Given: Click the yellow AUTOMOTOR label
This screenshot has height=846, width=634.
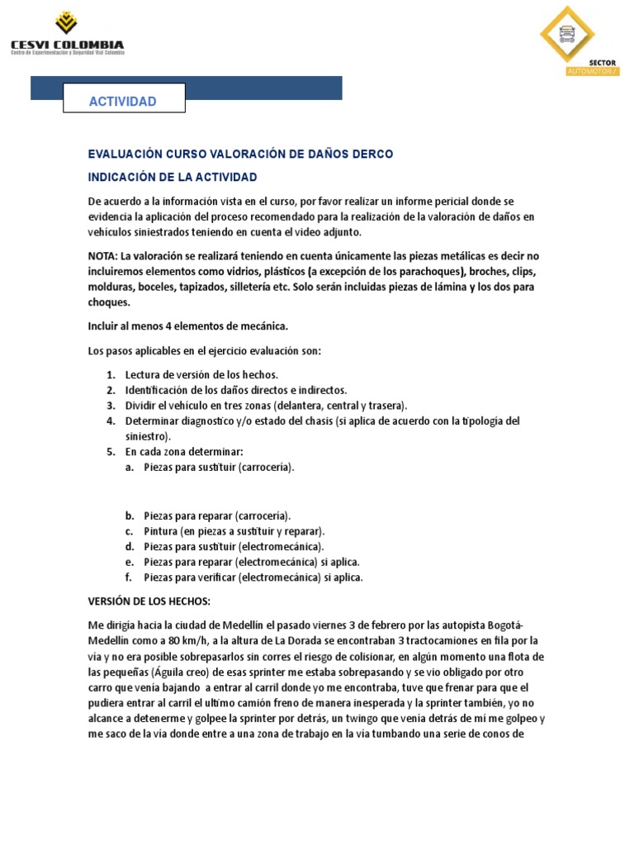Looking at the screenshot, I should click(591, 72).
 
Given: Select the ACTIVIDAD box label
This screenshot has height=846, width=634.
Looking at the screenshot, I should click(123, 102).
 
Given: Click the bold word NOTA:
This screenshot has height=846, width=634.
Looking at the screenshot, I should click(105, 256).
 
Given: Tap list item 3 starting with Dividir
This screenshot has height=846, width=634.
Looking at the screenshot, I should click(266, 405).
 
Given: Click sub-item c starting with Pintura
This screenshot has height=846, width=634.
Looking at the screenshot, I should click(234, 530).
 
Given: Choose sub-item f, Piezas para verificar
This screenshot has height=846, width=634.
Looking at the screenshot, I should click(253, 577).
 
